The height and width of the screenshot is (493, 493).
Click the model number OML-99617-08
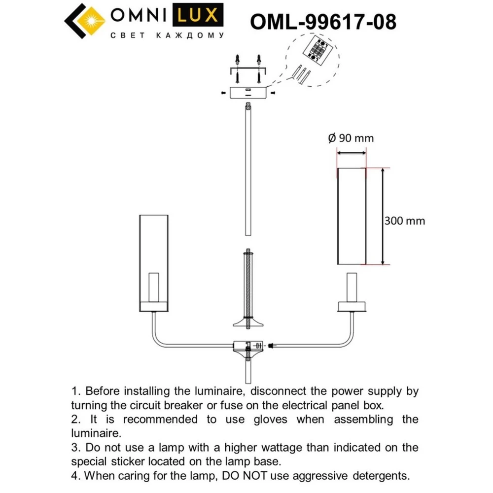click(323, 22)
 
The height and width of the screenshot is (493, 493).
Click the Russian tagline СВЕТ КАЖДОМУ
click(166, 35)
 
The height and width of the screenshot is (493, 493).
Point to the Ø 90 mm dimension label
click(351, 139)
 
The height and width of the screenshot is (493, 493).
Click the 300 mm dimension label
click(404, 221)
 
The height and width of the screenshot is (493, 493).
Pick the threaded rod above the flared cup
click(247, 283)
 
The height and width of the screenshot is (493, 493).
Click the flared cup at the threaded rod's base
click(247, 323)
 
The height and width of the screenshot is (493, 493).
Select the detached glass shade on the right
click(351, 216)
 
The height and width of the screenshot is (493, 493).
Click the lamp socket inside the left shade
click(154, 286)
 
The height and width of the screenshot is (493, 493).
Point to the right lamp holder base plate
click(351, 307)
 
